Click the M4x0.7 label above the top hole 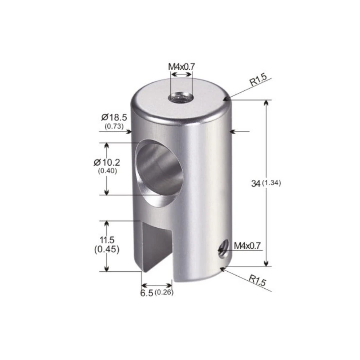tap(181, 67)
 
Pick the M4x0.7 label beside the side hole tap(247, 246)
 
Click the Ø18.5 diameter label tap(114, 118)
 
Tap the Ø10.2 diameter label tap(107, 162)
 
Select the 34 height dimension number tap(256, 183)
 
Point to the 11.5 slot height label tap(107, 240)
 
